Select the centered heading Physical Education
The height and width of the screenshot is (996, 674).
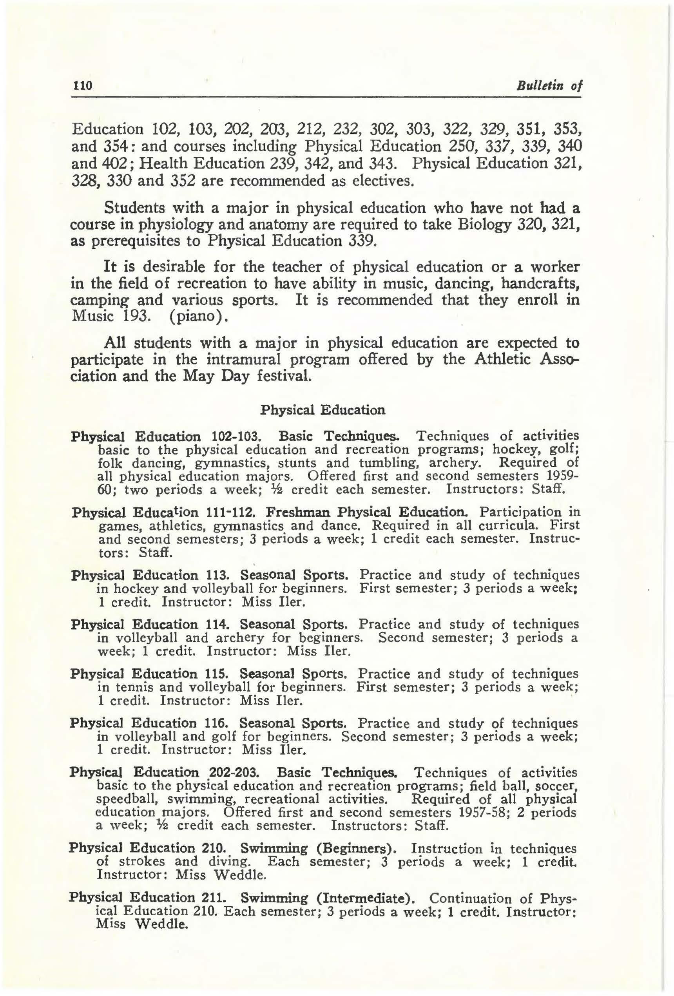pos(323,410)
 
